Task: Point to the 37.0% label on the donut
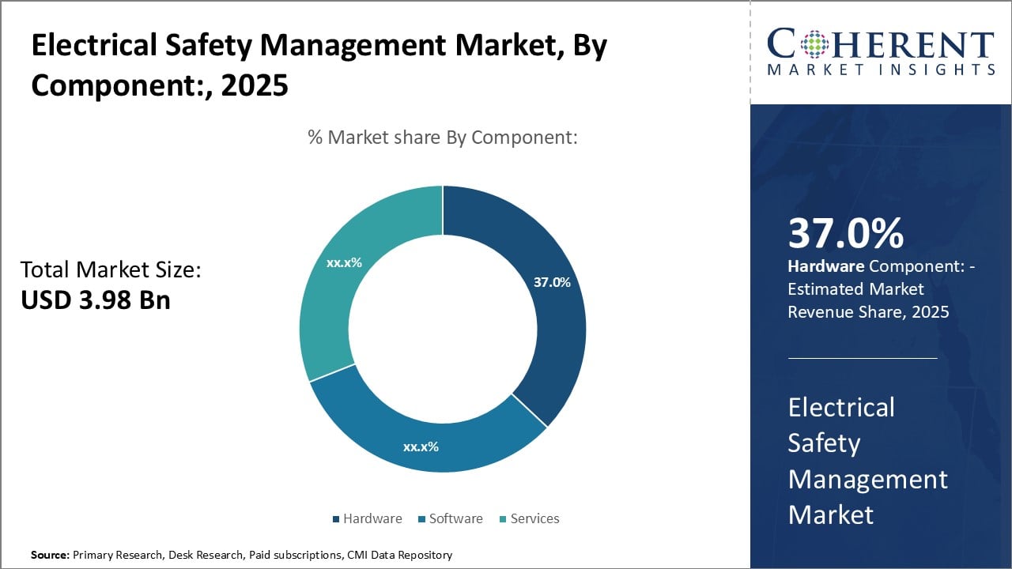coord(551,282)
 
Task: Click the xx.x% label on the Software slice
coord(421,447)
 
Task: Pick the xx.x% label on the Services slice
coord(344,262)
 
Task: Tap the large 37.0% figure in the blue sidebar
coord(845,234)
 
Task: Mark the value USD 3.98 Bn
coord(95,300)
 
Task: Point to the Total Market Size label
coord(111,270)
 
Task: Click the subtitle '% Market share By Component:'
coord(443,138)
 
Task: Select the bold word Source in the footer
coord(49,556)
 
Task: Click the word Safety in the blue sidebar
coord(823,443)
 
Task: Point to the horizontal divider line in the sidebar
coord(863,358)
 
